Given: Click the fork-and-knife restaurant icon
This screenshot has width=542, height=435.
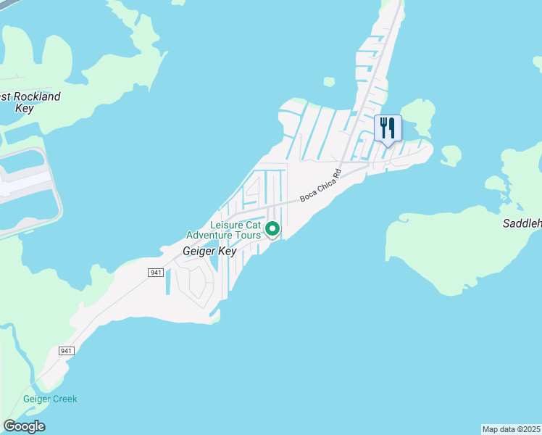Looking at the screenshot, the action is click(388, 128).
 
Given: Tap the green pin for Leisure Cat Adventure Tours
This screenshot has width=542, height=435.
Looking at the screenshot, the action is click(272, 229).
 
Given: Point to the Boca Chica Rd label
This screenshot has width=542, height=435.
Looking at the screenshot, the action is click(320, 186).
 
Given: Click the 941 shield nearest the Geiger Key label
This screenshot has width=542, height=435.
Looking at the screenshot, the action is click(157, 272).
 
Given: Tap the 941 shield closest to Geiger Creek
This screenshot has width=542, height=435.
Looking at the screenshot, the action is click(67, 351).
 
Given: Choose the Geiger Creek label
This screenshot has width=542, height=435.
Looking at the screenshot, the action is click(50, 399).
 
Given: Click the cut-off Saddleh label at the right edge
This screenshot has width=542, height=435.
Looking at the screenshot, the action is click(522, 224).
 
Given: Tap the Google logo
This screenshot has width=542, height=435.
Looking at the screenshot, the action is click(24, 426).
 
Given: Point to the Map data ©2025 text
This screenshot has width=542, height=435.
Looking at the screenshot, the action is click(512, 429).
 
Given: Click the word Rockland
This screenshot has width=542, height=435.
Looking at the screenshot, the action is click(37, 96).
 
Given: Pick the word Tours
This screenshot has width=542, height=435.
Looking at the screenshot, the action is click(246, 235).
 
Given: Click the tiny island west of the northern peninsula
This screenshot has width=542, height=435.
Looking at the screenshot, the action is click(329, 81).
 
